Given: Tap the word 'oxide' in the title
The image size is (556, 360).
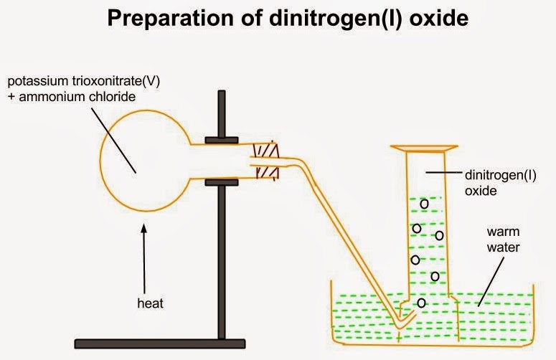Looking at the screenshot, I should coord(437,19).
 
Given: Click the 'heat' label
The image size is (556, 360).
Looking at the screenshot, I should coord(150,303).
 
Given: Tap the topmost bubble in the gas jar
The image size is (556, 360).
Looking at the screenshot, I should coord(424,203).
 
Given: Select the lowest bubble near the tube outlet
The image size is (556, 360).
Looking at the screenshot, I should coord(421,303).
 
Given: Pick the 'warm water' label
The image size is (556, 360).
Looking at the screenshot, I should coord(502,240).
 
